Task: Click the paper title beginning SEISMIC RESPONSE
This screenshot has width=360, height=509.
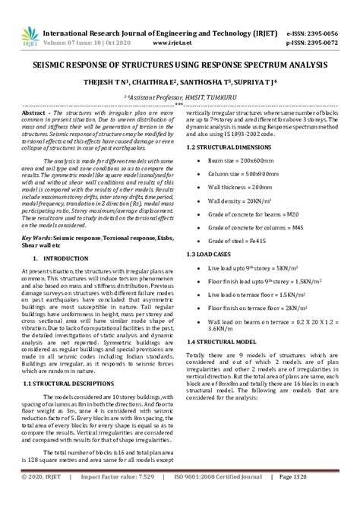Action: click(180, 67)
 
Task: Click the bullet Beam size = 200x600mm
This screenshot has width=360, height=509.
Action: click(238, 162)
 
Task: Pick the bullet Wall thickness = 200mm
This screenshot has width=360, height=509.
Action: click(241, 186)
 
